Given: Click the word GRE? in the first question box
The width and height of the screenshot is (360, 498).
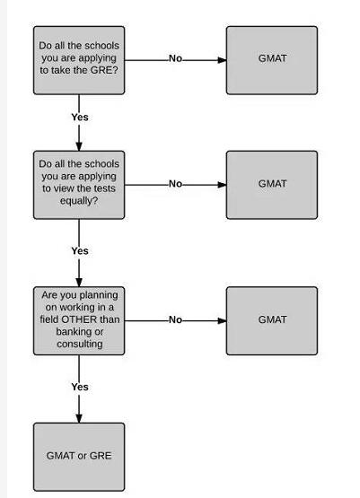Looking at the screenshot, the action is click(104, 70).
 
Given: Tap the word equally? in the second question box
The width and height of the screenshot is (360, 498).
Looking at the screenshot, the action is click(79, 201).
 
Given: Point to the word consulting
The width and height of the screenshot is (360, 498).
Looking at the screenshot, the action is click(80, 344).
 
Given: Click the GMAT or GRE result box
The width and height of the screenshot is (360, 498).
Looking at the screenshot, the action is click(79, 457).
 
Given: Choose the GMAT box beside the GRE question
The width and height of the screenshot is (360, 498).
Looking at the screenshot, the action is click(272, 60).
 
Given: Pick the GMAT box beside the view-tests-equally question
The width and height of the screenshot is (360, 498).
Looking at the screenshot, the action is click(272, 185).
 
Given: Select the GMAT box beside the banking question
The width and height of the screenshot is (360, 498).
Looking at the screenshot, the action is click(272, 320).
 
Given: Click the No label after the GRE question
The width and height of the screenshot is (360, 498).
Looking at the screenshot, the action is click(175, 58).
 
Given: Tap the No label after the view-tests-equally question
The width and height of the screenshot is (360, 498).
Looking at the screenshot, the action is click(175, 184).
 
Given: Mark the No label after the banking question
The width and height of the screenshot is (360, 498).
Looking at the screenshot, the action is click(175, 319).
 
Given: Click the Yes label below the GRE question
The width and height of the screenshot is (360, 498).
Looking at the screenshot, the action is click(80, 118).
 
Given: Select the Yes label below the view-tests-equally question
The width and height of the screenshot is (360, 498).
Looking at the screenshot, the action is click(80, 251).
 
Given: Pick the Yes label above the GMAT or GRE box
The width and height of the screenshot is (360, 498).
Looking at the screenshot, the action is click(80, 387).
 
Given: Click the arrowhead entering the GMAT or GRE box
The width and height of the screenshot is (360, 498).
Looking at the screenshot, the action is click(79, 418).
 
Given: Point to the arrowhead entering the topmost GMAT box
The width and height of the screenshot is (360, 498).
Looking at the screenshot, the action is click(222, 60).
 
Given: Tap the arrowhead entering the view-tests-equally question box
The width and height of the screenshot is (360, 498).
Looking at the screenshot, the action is click(79, 146).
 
